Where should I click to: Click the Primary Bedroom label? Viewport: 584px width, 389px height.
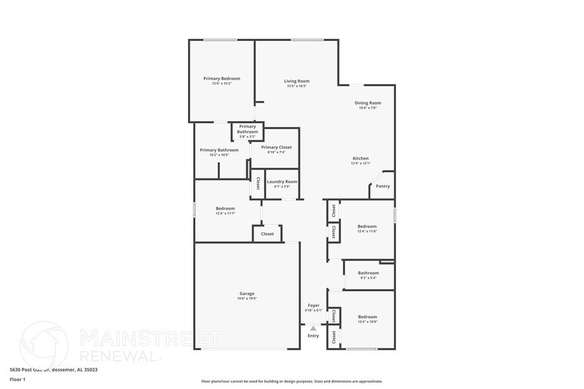(221, 78)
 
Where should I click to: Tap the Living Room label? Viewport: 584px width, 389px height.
(297, 81)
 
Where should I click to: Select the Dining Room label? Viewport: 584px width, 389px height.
(367, 103)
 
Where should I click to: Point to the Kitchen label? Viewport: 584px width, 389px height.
(360, 158)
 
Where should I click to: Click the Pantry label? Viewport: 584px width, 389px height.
(383, 186)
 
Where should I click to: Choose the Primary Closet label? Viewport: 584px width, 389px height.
(276, 147)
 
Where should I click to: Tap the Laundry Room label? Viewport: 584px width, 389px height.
(282, 181)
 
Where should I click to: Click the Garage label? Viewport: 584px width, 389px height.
(246, 294)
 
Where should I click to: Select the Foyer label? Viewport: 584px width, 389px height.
(313, 305)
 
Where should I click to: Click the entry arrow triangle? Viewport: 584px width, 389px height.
(313, 327)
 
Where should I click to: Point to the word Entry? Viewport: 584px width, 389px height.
(313, 335)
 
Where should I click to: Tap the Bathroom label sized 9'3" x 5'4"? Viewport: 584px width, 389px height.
(368, 273)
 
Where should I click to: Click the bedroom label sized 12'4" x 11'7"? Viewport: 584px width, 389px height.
(225, 208)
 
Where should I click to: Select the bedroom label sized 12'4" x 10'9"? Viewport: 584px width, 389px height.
(367, 316)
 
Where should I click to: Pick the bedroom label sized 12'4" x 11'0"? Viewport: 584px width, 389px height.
(367, 226)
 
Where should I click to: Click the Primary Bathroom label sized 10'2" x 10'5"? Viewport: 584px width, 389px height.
(219, 150)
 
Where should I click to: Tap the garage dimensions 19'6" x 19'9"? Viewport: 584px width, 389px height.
(246, 298)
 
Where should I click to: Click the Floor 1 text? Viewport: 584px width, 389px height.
(17, 379)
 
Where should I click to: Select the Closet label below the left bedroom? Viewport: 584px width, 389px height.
(267, 234)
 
